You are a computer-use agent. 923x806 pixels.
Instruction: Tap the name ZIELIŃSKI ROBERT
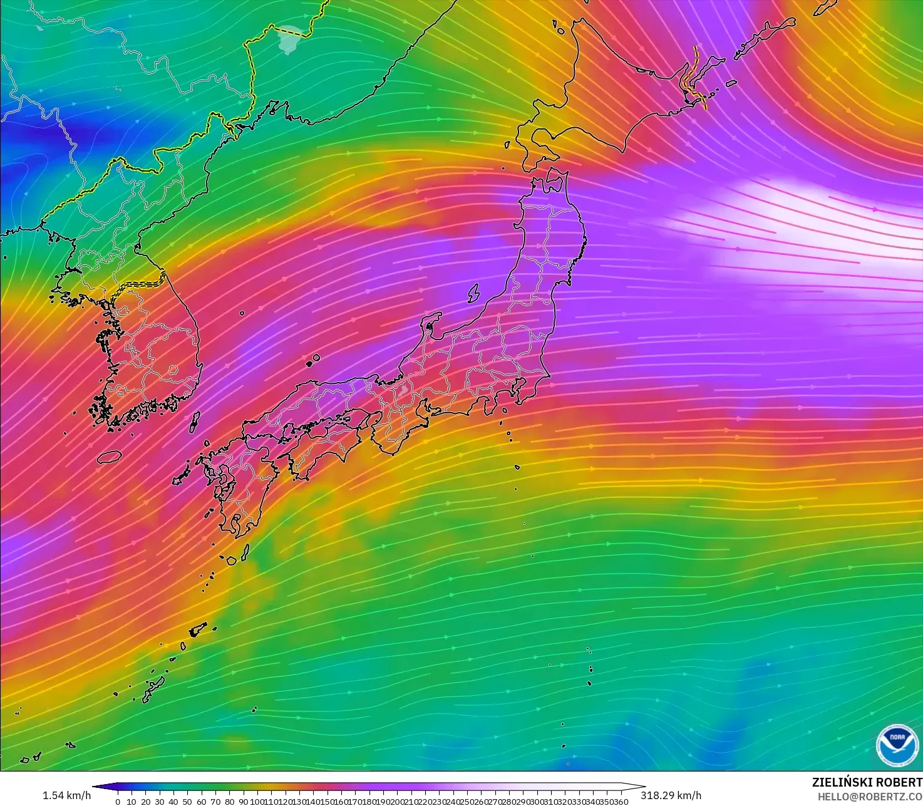(x=867, y=782)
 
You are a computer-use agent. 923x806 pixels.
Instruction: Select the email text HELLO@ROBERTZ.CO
(x=870, y=796)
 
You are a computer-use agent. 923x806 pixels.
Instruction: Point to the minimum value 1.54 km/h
(x=66, y=795)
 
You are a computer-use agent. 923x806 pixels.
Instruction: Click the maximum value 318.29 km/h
(x=671, y=795)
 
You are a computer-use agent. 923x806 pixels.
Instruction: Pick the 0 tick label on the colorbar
(x=118, y=802)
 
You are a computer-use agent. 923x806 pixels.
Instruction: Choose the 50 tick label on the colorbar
(x=187, y=802)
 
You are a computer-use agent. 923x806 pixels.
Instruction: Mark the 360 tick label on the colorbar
(x=621, y=802)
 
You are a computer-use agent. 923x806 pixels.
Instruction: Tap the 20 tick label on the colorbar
(x=145, y=802)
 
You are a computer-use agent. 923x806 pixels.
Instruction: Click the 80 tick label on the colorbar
(x=229, y=802)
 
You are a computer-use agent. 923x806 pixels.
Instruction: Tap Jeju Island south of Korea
(x=109, y=457)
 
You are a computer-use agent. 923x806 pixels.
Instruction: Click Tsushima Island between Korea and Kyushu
(x=194, y=421)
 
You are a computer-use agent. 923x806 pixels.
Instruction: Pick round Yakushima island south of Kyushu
(x=231, y=561)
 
